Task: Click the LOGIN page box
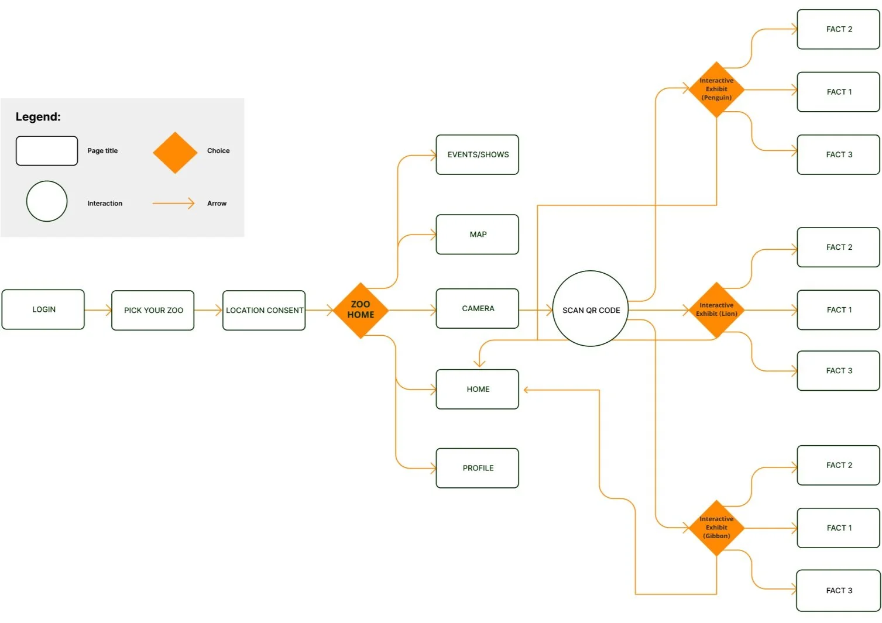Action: coord(43,309)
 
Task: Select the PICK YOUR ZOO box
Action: coord(153,311)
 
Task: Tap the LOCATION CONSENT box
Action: coord(264,311)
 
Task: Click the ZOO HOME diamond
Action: coord(361,310)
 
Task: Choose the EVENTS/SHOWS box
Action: coord(478,155)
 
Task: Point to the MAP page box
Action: coord(478,235)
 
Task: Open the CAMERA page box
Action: coord(478,309)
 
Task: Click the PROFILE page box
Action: coord(478,468)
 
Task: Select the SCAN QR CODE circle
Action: coord(591,309)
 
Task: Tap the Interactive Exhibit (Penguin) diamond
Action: coord(716,90)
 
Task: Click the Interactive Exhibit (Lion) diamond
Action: coord(716,309)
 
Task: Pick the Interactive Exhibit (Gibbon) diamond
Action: coord(716,528)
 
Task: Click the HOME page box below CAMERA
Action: coord(478,389)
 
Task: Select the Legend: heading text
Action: coord(38,117)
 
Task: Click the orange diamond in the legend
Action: coord(175,153)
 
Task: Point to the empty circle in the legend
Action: coord(47,201)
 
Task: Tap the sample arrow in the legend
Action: coord(173,204)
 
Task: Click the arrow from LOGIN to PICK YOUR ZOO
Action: coord(98,310)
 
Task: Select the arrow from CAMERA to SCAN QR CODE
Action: coord(536,310)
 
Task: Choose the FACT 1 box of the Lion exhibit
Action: coord(838,310)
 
